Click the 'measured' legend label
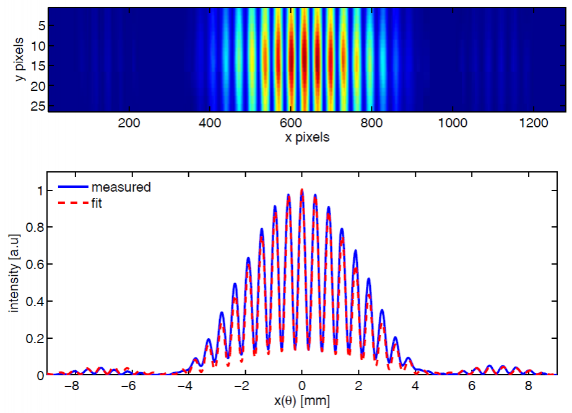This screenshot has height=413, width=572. click(x=120, y=187)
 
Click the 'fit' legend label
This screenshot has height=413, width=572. click(x=98, y=202)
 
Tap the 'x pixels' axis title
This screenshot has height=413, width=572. click(x=307, y=137)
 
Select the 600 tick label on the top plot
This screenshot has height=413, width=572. click(x=371, y=122)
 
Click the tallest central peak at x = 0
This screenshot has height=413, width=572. click(x=301, y=190)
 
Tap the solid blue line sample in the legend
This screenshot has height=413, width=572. click(x=72, y=187)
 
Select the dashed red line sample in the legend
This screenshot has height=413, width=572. click(x=72, y=202)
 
